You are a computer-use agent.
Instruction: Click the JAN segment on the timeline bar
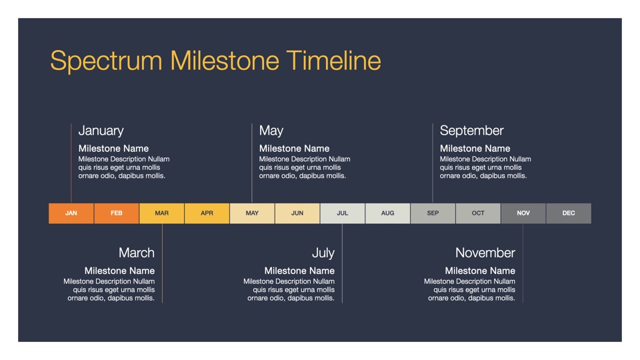(71, 213)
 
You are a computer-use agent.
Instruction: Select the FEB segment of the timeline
(116, 213)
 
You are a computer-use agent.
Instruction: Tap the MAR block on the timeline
(161, 213)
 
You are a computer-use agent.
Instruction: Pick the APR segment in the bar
(207, 213)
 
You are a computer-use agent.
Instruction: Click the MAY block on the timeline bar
(252, 213)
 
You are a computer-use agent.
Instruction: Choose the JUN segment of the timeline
(297, 213)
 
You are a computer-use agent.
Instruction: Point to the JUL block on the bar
(343, 213)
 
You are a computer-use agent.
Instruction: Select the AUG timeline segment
(388, 213)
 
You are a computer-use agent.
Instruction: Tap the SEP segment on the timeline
(433, 213)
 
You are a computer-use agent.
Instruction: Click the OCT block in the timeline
(478, 213)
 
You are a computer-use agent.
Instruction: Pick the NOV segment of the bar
(523, 213)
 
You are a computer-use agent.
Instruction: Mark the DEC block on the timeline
(569, 213)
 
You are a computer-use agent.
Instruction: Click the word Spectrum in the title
(106, 61)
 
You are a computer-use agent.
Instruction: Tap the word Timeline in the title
(333, 61)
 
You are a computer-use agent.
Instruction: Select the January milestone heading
(101, 131)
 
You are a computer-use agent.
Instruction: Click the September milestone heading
(471, 131)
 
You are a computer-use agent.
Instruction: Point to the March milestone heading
(136, 253)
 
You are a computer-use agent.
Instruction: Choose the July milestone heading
(323, 253)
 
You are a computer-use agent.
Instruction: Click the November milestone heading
(485, 253)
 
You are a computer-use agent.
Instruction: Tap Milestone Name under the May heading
(294, 149)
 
